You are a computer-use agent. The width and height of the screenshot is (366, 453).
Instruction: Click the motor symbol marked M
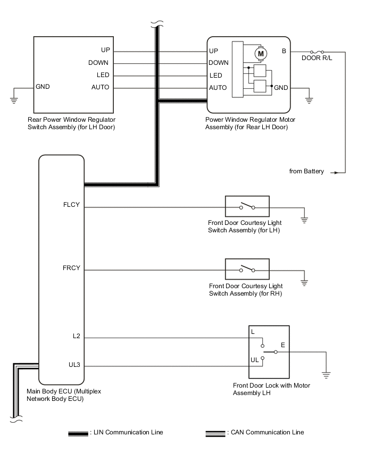261,53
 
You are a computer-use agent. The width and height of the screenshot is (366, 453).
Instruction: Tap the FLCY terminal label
71,204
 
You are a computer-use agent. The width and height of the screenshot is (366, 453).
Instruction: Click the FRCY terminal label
71,267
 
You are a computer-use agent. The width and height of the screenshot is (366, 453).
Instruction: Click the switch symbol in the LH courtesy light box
247,207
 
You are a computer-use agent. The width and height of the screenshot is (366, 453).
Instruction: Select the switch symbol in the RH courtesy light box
247,269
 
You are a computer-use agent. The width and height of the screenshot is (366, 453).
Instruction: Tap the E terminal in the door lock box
282,345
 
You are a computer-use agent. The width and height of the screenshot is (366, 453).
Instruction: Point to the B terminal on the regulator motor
284,51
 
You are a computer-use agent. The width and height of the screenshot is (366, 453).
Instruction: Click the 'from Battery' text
306,171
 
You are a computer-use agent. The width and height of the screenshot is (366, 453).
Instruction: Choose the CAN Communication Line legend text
266,432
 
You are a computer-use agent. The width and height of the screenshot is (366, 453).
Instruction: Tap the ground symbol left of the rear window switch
13,97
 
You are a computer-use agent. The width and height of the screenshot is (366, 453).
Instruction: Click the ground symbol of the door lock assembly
327,374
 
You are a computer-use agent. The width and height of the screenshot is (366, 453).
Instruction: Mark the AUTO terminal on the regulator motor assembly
218,88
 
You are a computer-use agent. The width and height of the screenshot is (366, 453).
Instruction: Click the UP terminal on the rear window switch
105,50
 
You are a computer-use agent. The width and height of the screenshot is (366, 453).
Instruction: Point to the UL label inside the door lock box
255,360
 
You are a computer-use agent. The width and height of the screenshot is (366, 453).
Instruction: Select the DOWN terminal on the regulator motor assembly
219,63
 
